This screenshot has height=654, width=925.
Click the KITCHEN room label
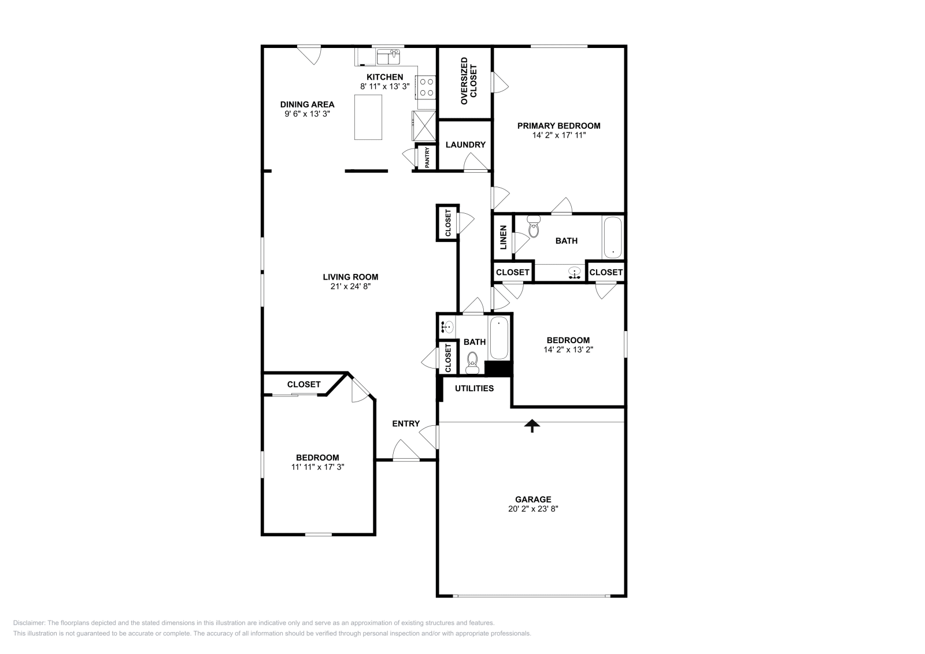384,77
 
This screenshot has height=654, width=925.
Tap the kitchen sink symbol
388,57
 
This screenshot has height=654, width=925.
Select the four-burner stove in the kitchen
427,87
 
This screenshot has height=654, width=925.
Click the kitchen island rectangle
368,117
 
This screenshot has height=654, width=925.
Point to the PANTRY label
427,158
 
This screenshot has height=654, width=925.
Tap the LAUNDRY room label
465,144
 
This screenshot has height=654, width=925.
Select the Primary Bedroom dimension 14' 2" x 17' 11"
558,135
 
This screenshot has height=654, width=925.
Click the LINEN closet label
503,237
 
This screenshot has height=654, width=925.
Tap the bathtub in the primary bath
612,237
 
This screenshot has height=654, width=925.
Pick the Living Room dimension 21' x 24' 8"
350,286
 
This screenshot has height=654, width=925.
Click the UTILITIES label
474,388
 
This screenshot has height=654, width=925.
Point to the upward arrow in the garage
532,426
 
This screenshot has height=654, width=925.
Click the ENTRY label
406,423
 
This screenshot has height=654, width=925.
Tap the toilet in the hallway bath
472,362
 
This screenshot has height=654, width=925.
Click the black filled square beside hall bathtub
498,369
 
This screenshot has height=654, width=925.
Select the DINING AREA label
307,105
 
